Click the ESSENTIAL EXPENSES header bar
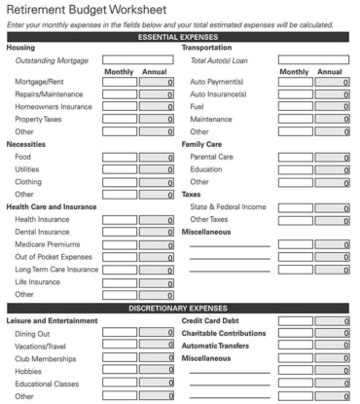click(x=179, y=36)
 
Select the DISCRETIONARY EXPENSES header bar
click(x=179, y=308)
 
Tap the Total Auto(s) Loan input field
click(x=313, y=60)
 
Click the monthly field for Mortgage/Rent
click(x=119, y=82)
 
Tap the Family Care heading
click(x=204, y=144)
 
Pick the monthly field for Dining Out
click(x=119, y=333)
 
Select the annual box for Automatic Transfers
click(x=332, y=346)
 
